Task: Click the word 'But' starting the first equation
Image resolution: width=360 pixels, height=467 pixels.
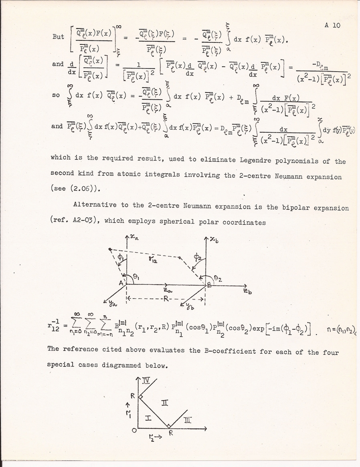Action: [58, 36]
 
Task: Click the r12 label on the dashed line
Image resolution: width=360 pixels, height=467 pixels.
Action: [151, 260]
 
